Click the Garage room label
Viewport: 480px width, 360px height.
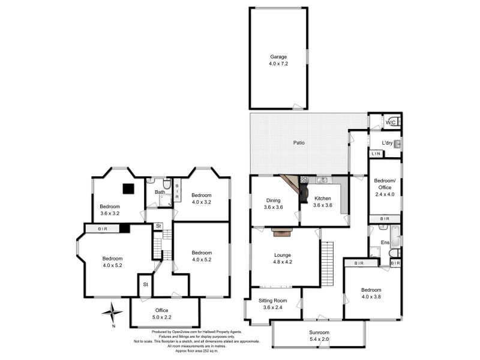pos(278,56)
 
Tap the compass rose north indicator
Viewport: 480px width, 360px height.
pos(111,311)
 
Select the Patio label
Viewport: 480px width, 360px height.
pos(298,143)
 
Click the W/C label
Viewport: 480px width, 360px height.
pos(389,122)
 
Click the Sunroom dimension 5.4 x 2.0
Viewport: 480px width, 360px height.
pos(318,339)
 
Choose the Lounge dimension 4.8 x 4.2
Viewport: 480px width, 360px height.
pos(282,262)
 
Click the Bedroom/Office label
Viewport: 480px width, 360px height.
pos(385,184)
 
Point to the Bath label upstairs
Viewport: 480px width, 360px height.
pos(160,192)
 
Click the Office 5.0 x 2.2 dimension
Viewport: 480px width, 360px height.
pos(164,317)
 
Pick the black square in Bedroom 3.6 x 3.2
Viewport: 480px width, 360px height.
pos(127,188)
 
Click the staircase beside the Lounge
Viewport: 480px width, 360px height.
pos(327,263)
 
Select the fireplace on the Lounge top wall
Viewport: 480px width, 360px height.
pos(281,229)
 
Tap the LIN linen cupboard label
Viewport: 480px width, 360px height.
pos(376,155)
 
